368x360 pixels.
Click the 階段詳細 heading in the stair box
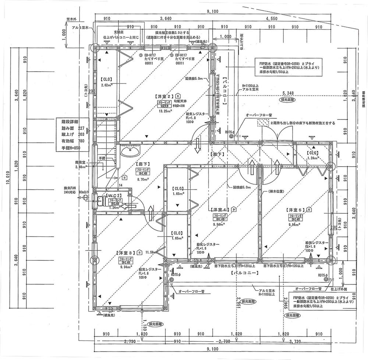click(x=68, y=121)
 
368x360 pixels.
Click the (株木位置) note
click(x=276, y=192)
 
